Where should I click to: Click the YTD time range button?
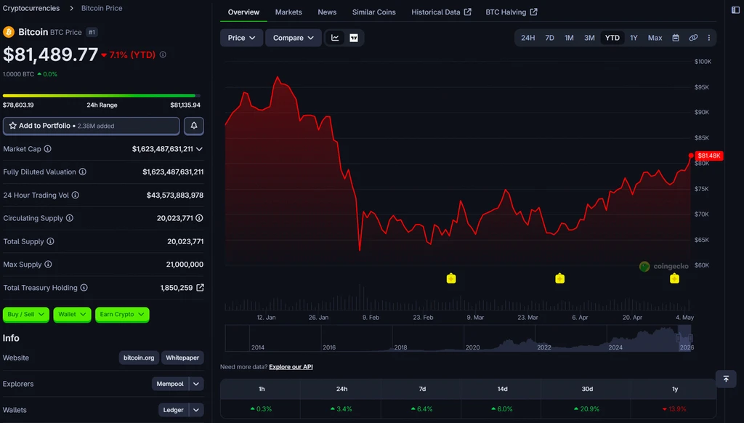612,38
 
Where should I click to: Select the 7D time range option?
549,38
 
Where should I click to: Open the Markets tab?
288,12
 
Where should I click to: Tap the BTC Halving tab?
511,12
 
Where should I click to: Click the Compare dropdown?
294,38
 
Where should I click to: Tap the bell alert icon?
193,126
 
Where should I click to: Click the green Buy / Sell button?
25,314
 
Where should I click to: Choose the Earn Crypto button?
122,314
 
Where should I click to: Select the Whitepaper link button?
182,358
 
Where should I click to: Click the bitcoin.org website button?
139,358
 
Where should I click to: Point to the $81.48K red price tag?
709,156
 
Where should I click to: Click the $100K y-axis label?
703,62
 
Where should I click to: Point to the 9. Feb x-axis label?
371,317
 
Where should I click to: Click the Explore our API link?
291,366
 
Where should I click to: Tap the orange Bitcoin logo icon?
9,32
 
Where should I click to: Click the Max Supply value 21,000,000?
185,265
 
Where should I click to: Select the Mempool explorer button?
170,384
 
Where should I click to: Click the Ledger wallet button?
173,410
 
